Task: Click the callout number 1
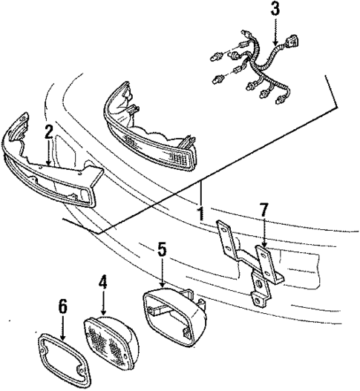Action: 199,214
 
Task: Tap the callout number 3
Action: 275,10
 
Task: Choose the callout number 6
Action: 62,306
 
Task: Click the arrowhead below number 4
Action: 103,314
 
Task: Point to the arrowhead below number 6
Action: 62,338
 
